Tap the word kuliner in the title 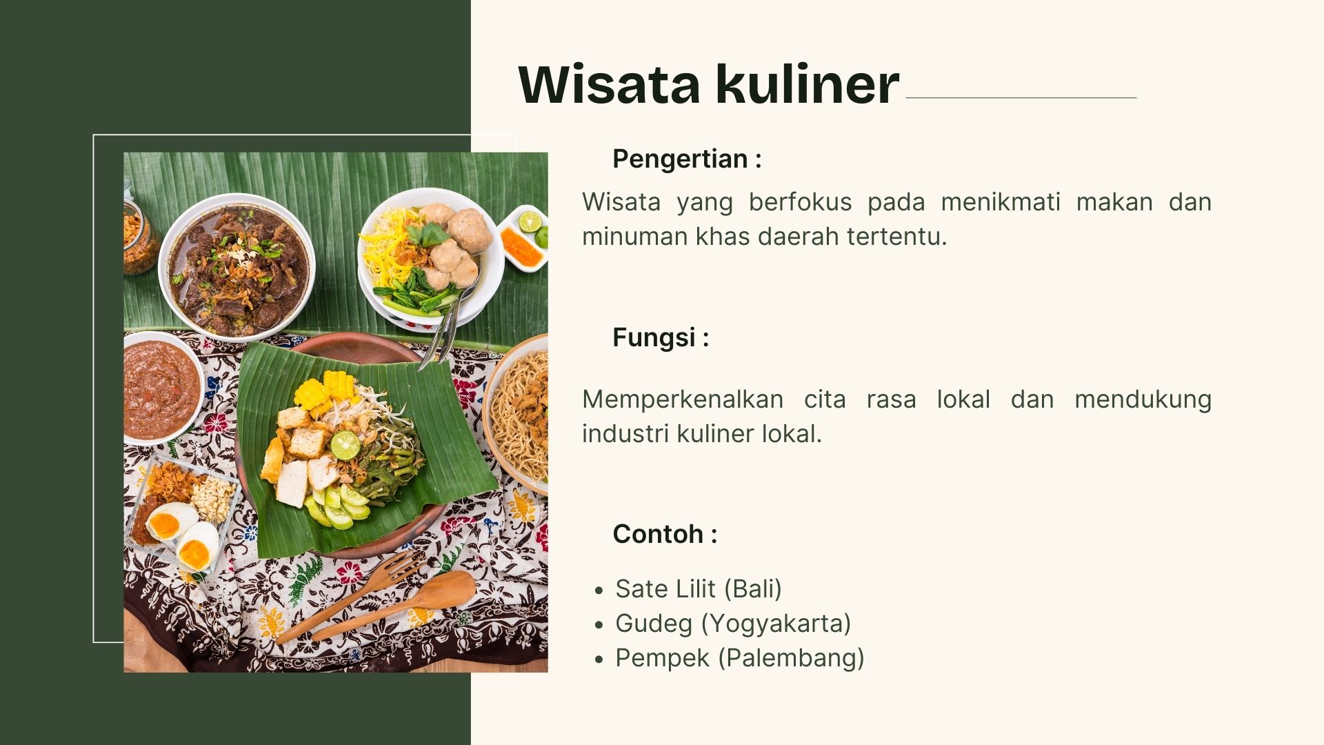808,84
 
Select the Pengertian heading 687,159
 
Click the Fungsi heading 661,337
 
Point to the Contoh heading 665,534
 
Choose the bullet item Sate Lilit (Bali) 699,588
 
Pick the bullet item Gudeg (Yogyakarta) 733,623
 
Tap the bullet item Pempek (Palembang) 740,657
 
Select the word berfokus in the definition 800,201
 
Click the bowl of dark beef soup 237,268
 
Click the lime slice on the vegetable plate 345,445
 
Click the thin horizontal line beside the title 1021,98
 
